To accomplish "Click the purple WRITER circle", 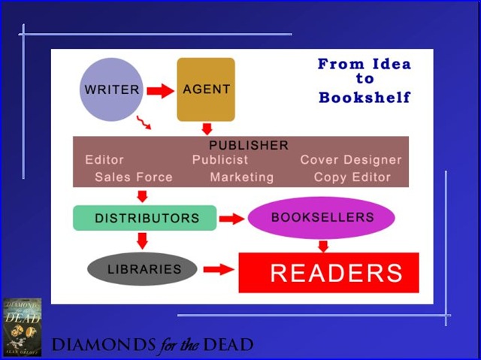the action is tap(111, 89).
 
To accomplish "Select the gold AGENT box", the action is tap(206, 89).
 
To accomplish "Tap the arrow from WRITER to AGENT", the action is tap(160, 91).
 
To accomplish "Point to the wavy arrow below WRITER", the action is tap(144, 123).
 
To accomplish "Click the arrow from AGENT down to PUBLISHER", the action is tap(207, 129).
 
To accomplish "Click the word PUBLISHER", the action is tap(249, 145).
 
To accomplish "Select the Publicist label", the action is tap(220, 160).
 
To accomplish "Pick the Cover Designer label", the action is tap(351, 160).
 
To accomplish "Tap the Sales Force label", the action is tap(134, 177).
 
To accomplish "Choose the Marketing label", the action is tap(242, 177).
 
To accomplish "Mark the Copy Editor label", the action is tap(352, 177).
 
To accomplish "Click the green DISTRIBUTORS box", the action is tap(145, 218).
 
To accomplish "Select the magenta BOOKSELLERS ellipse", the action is tap(321, 217).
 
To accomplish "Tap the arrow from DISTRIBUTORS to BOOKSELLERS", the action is tap(232, 219).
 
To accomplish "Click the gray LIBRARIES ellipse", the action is tap(142, 269).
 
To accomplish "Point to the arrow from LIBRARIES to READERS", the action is tap(219, 269).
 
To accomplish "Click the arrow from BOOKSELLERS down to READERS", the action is tap(323, 247).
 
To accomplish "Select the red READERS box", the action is tap(329, 273).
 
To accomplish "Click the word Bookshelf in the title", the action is tap(365, 97).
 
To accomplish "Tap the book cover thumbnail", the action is tap(22, 327).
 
